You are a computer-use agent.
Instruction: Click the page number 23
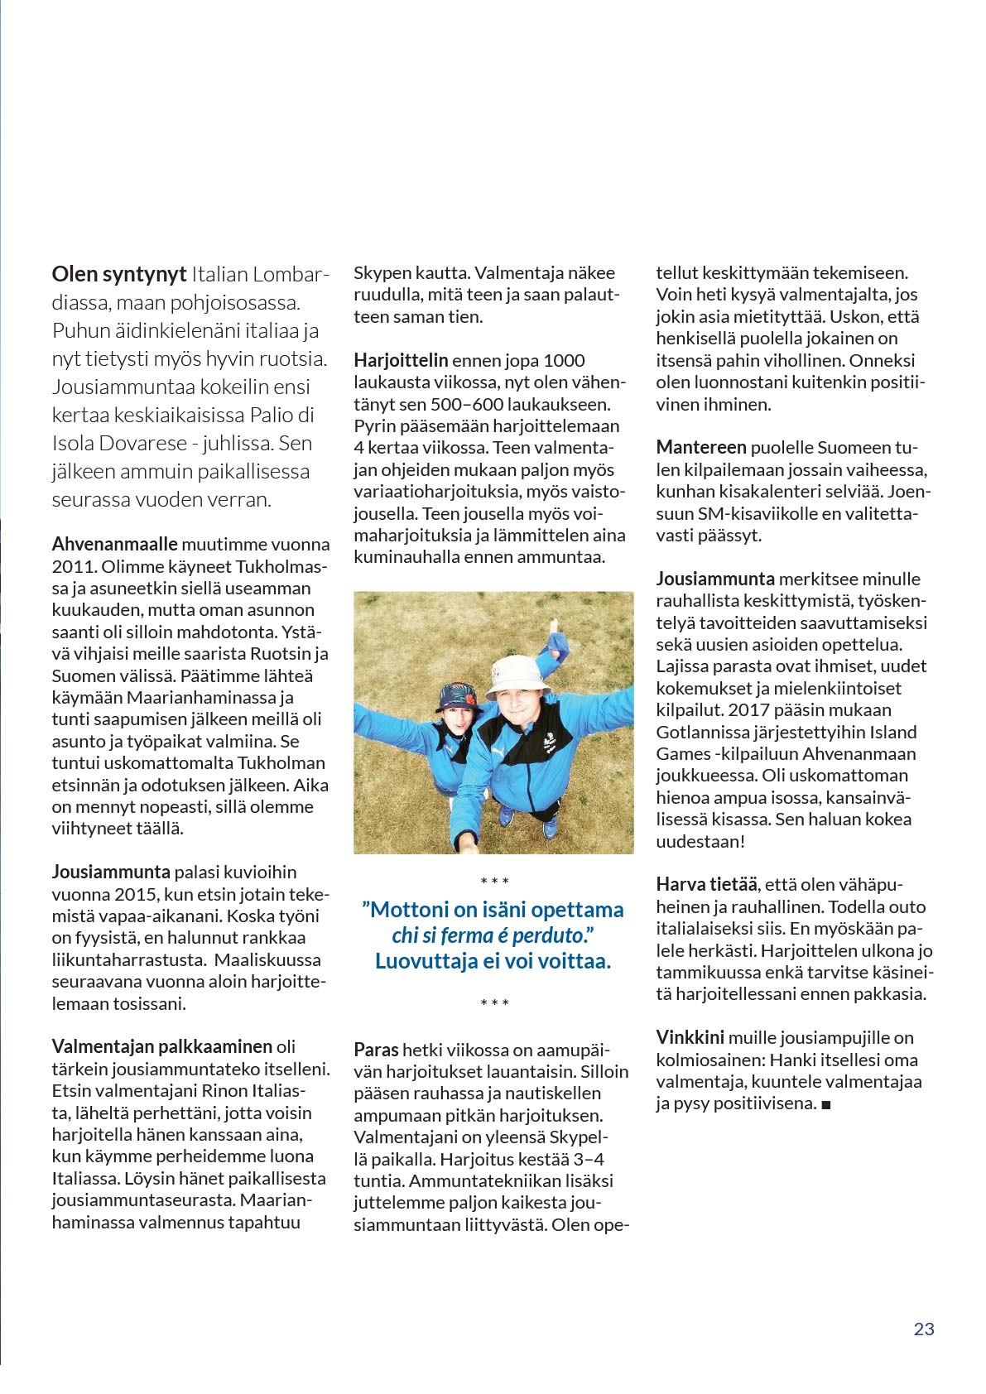coord(923,1329)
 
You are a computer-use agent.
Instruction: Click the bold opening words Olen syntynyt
coord(118,275)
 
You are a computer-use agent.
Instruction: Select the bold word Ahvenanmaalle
coord(114,545)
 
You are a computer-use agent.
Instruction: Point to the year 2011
coord(74,567)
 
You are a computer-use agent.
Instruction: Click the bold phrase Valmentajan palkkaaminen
coord(161,1047)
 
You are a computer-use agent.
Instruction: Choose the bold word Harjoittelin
coord(401,361)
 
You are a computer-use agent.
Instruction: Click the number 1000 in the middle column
coord(564,361)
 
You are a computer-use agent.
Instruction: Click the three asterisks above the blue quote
coord(494,882)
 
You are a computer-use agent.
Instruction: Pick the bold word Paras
coord(376,1050)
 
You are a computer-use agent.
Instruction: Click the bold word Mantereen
coord(701,449)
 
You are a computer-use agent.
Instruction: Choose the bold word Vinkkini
coord(690,1038)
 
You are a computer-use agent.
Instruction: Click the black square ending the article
coord(825,1105)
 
